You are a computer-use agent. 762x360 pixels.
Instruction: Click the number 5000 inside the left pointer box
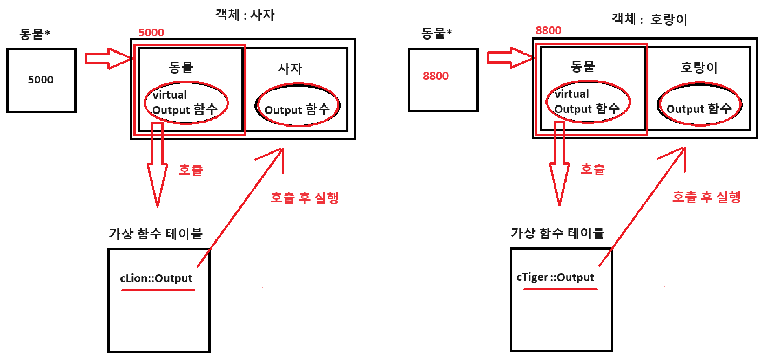[x=41, y=80]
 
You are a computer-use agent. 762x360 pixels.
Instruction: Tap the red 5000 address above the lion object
[x=151, y=33]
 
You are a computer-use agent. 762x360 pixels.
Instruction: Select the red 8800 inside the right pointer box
[x=436, y=76]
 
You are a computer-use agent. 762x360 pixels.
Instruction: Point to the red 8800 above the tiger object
[x=548, y=31]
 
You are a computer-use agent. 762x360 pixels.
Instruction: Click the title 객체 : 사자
[x=245, y=15]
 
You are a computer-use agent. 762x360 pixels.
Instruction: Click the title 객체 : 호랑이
[x=649, y=19]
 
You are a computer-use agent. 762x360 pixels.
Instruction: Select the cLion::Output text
[x=156, y=278]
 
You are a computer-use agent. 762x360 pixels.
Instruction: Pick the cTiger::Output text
[x=555, y=277]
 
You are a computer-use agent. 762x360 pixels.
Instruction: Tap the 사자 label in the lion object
[x=290, y=68]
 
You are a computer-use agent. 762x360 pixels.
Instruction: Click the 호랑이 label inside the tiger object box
[x=699, y=67]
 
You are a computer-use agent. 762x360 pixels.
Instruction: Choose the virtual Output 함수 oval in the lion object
[x=186, y=103]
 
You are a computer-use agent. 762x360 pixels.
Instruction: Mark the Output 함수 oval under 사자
[x=298, y=105]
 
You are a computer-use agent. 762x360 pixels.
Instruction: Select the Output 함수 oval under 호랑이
[x=699, y=105]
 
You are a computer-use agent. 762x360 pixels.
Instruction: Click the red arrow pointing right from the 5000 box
[x=108, y=59]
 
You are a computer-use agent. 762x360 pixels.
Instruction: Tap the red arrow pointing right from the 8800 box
[x=510, y=57]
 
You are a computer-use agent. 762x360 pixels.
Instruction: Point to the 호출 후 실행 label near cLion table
[x=304, y=198]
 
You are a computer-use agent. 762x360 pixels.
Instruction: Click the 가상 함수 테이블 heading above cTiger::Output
[x=557, y=233]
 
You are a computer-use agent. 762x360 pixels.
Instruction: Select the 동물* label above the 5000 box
[x=35, y=34]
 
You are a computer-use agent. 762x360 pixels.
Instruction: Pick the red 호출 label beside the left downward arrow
[x=190, y=170]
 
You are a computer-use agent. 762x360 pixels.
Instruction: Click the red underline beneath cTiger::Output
[x=560, y=289]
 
